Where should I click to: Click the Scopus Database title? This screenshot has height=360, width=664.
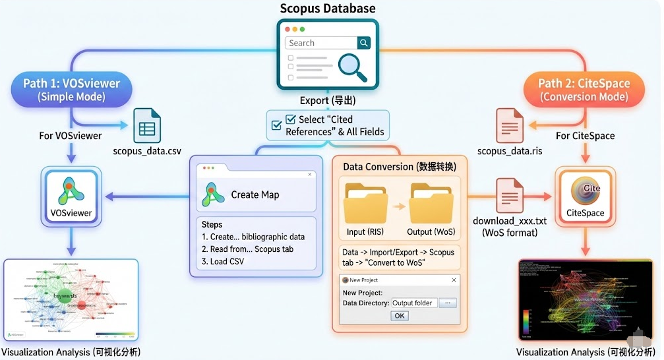tap(328, 9)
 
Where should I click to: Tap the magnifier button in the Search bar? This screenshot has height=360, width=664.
tap(364, 43)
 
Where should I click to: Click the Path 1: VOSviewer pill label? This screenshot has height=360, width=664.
tap(71, 90)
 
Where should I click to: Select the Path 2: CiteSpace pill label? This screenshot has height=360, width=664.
tap(584, 90)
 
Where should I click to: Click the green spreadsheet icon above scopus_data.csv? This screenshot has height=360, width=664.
tap(147, 126)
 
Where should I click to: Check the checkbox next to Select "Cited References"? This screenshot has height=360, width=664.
tap(291, 120)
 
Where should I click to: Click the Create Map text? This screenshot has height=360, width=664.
tap(255, 195)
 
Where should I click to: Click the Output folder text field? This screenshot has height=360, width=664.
tap(413, 303)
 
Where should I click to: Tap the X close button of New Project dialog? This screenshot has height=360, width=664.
tap(453, 280)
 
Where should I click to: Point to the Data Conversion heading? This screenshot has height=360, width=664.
tap(399, 167)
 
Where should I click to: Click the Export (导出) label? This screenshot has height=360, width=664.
tap(328, 100)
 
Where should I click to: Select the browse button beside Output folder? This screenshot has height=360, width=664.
tap(448, 303)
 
